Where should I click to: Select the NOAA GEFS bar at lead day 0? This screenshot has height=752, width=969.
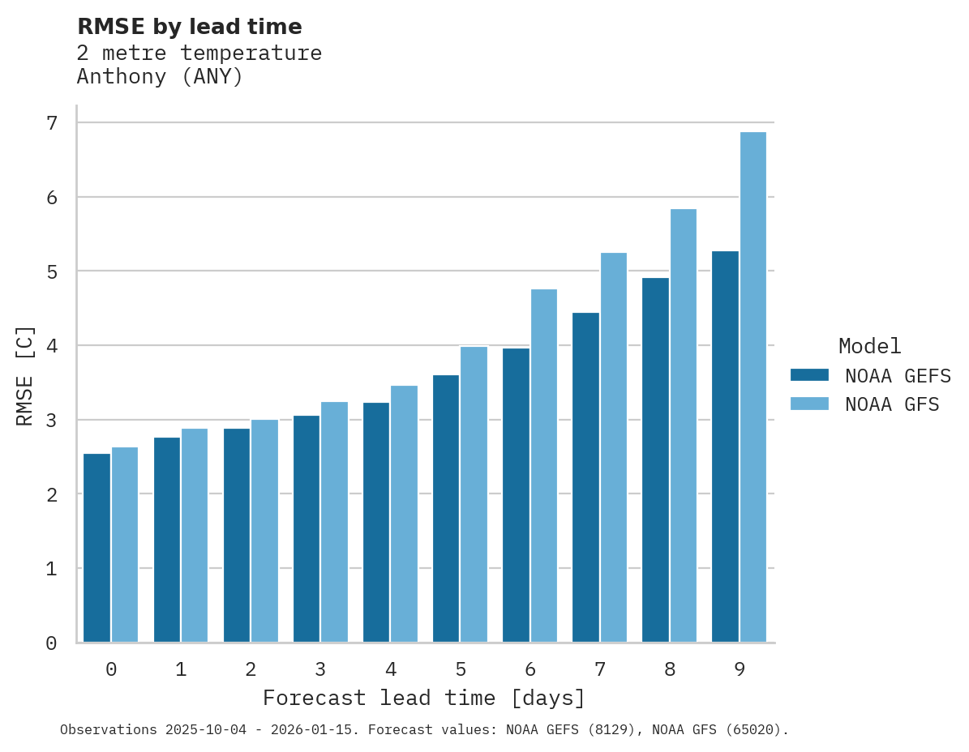tap(96, 548)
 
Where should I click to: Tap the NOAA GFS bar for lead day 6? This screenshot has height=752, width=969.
tap(544, 466)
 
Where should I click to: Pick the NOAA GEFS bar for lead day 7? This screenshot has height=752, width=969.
tap(585, 477)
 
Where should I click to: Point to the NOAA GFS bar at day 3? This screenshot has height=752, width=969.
tap(335, 522)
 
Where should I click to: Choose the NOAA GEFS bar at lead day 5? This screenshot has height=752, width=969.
tap(446, 508)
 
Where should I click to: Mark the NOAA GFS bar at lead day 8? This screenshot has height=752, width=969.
tap(684, 425)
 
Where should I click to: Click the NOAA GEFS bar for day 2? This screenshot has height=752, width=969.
tap(237, 535)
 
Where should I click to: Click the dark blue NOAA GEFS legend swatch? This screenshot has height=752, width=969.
tap(809, 375)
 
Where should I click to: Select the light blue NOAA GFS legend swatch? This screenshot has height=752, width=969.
tap(809, 404)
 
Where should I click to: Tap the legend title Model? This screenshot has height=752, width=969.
tap(869, 346)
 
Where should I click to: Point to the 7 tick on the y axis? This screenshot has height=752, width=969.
tap(52, 123)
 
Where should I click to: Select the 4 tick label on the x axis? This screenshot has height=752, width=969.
tap(390, 669)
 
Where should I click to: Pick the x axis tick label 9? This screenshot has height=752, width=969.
tap(739, 669)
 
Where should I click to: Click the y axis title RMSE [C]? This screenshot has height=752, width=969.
tap(25, 375)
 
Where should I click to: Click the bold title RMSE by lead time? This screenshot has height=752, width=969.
tap(189, 27)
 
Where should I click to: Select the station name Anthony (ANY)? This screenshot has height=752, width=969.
tap(160, 77)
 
